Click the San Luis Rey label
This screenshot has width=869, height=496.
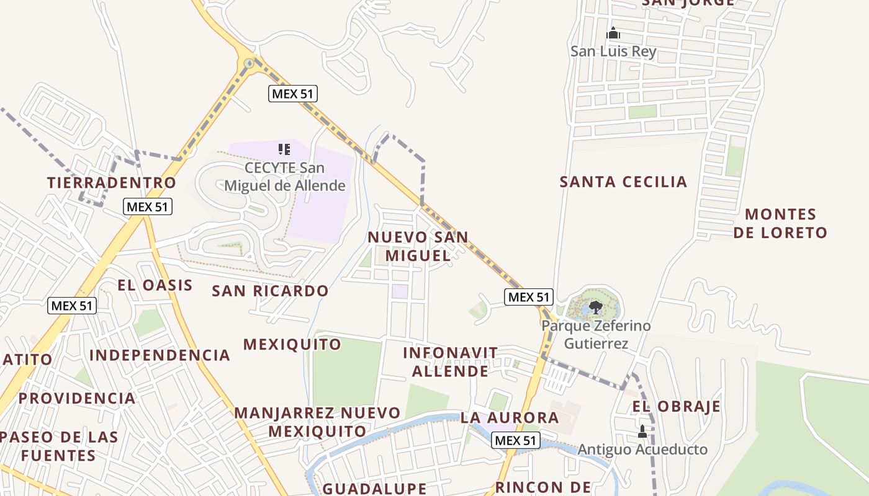613,51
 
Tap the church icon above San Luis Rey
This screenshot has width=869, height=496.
613,33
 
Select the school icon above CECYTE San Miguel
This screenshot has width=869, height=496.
284,149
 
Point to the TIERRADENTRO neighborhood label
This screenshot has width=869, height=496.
112,183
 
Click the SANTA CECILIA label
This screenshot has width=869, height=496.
623,182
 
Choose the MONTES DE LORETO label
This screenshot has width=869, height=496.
780,223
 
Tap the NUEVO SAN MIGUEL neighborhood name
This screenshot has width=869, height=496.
418,246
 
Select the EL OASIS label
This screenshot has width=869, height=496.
155,285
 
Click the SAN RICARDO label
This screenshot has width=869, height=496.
270,291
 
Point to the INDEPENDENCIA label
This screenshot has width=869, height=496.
160,355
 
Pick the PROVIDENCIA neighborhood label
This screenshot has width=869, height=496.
77,398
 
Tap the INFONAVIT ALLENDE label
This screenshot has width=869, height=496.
450,362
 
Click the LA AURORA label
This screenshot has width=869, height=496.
509,418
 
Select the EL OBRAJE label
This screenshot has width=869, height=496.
676,407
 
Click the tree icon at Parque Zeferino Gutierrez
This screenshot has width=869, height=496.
596,306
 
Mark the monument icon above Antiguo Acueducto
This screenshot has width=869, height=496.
642,431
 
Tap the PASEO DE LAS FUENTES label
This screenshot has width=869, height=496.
58,446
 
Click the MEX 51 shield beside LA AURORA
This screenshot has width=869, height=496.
515,441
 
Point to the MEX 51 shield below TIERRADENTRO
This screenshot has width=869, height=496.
147,207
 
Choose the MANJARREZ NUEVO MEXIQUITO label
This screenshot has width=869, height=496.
317,422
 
